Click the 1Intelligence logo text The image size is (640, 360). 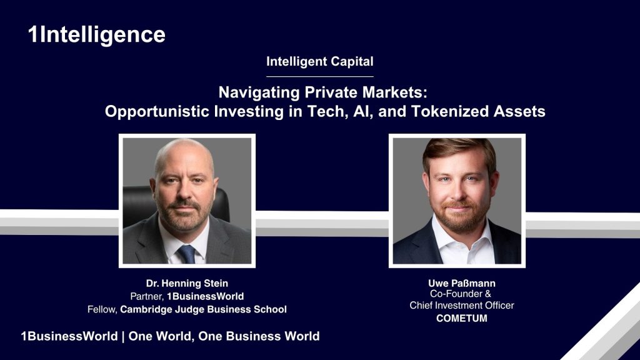[x=96, y=34]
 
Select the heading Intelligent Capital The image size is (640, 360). [x=319, y=61]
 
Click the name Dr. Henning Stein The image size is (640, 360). [x=187, y=284]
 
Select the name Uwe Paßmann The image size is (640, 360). [x=461, y=283]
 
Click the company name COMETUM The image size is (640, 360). [x=461, y=319]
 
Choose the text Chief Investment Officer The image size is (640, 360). [x=461, y=305]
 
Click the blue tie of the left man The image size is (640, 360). [x=186, y=253]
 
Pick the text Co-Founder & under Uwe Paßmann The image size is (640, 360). [x=461, y=294]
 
